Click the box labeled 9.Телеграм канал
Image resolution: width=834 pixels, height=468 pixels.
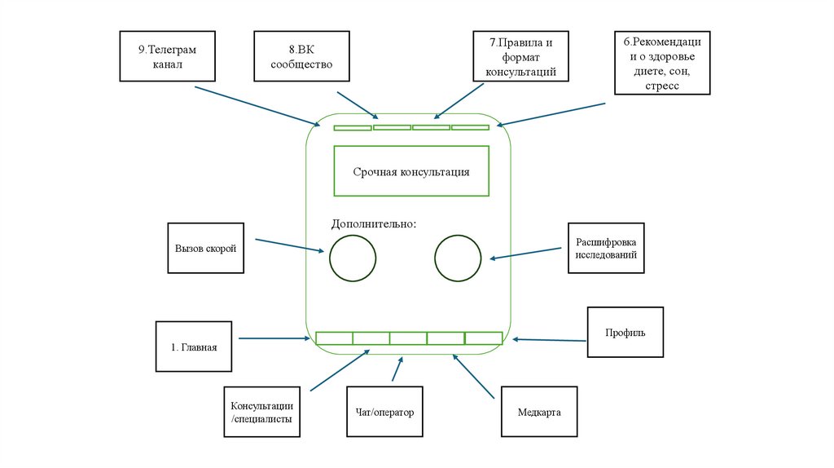point(168,56)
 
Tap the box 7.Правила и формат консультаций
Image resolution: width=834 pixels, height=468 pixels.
point(520,56)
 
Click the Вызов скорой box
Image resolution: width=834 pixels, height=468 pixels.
point(204,248)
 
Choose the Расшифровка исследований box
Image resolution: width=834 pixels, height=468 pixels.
point(605,248)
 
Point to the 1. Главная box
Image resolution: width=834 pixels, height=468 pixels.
point(194,347)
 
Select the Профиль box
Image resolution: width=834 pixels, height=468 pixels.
point(625,332)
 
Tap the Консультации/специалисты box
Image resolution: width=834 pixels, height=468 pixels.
point(261,413)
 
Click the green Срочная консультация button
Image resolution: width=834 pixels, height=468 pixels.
point(410,171)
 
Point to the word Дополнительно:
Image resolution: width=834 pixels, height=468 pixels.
point(373,223)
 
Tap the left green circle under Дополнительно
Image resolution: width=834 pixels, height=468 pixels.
point(353,258)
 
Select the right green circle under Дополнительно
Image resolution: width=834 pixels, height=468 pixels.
point(459,258)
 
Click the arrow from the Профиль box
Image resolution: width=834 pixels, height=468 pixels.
point(550,339)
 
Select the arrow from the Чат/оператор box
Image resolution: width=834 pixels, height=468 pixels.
point(397,369)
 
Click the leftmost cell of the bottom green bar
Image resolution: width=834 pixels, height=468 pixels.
point(334,338)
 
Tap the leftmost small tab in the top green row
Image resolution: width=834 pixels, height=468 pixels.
point(353,128)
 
